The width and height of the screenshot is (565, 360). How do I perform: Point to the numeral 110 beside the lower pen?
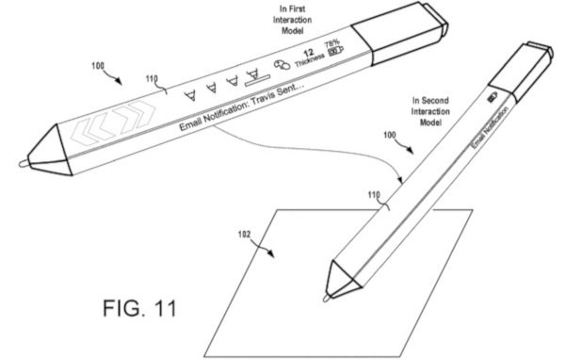click(x=374, y=196)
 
